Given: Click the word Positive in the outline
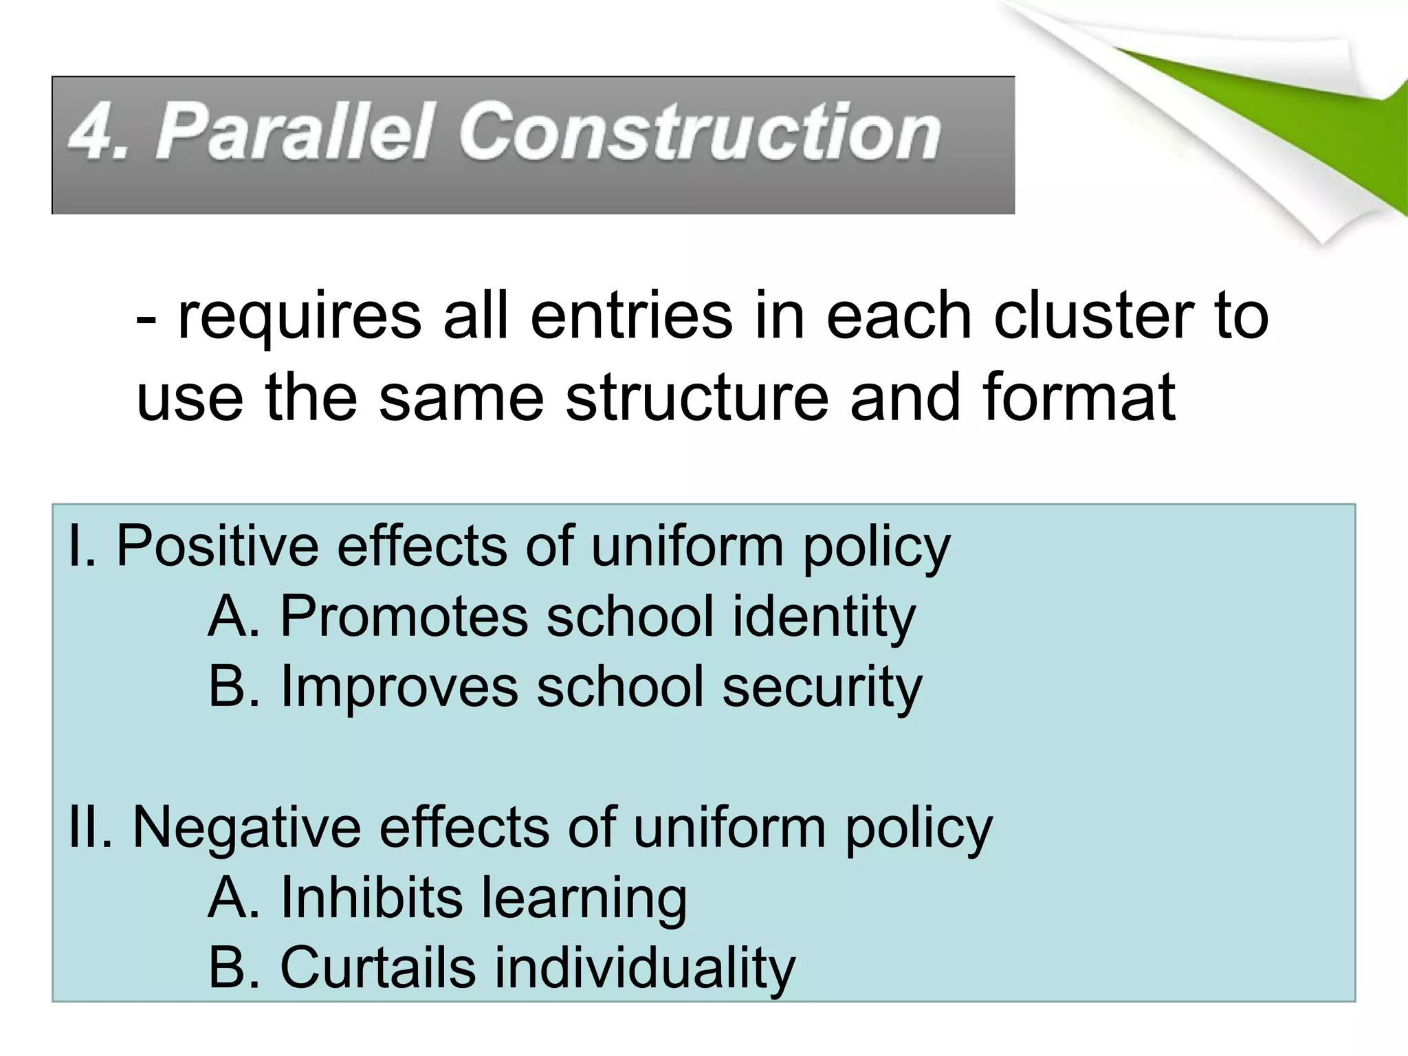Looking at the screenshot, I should [218, 546].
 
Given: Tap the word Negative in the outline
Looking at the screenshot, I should [246, 828].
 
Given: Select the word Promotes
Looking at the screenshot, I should [404, 617].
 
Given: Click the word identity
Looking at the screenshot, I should [824, 617].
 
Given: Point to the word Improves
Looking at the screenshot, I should [399, 687].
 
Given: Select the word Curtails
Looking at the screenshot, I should [377, 967].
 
